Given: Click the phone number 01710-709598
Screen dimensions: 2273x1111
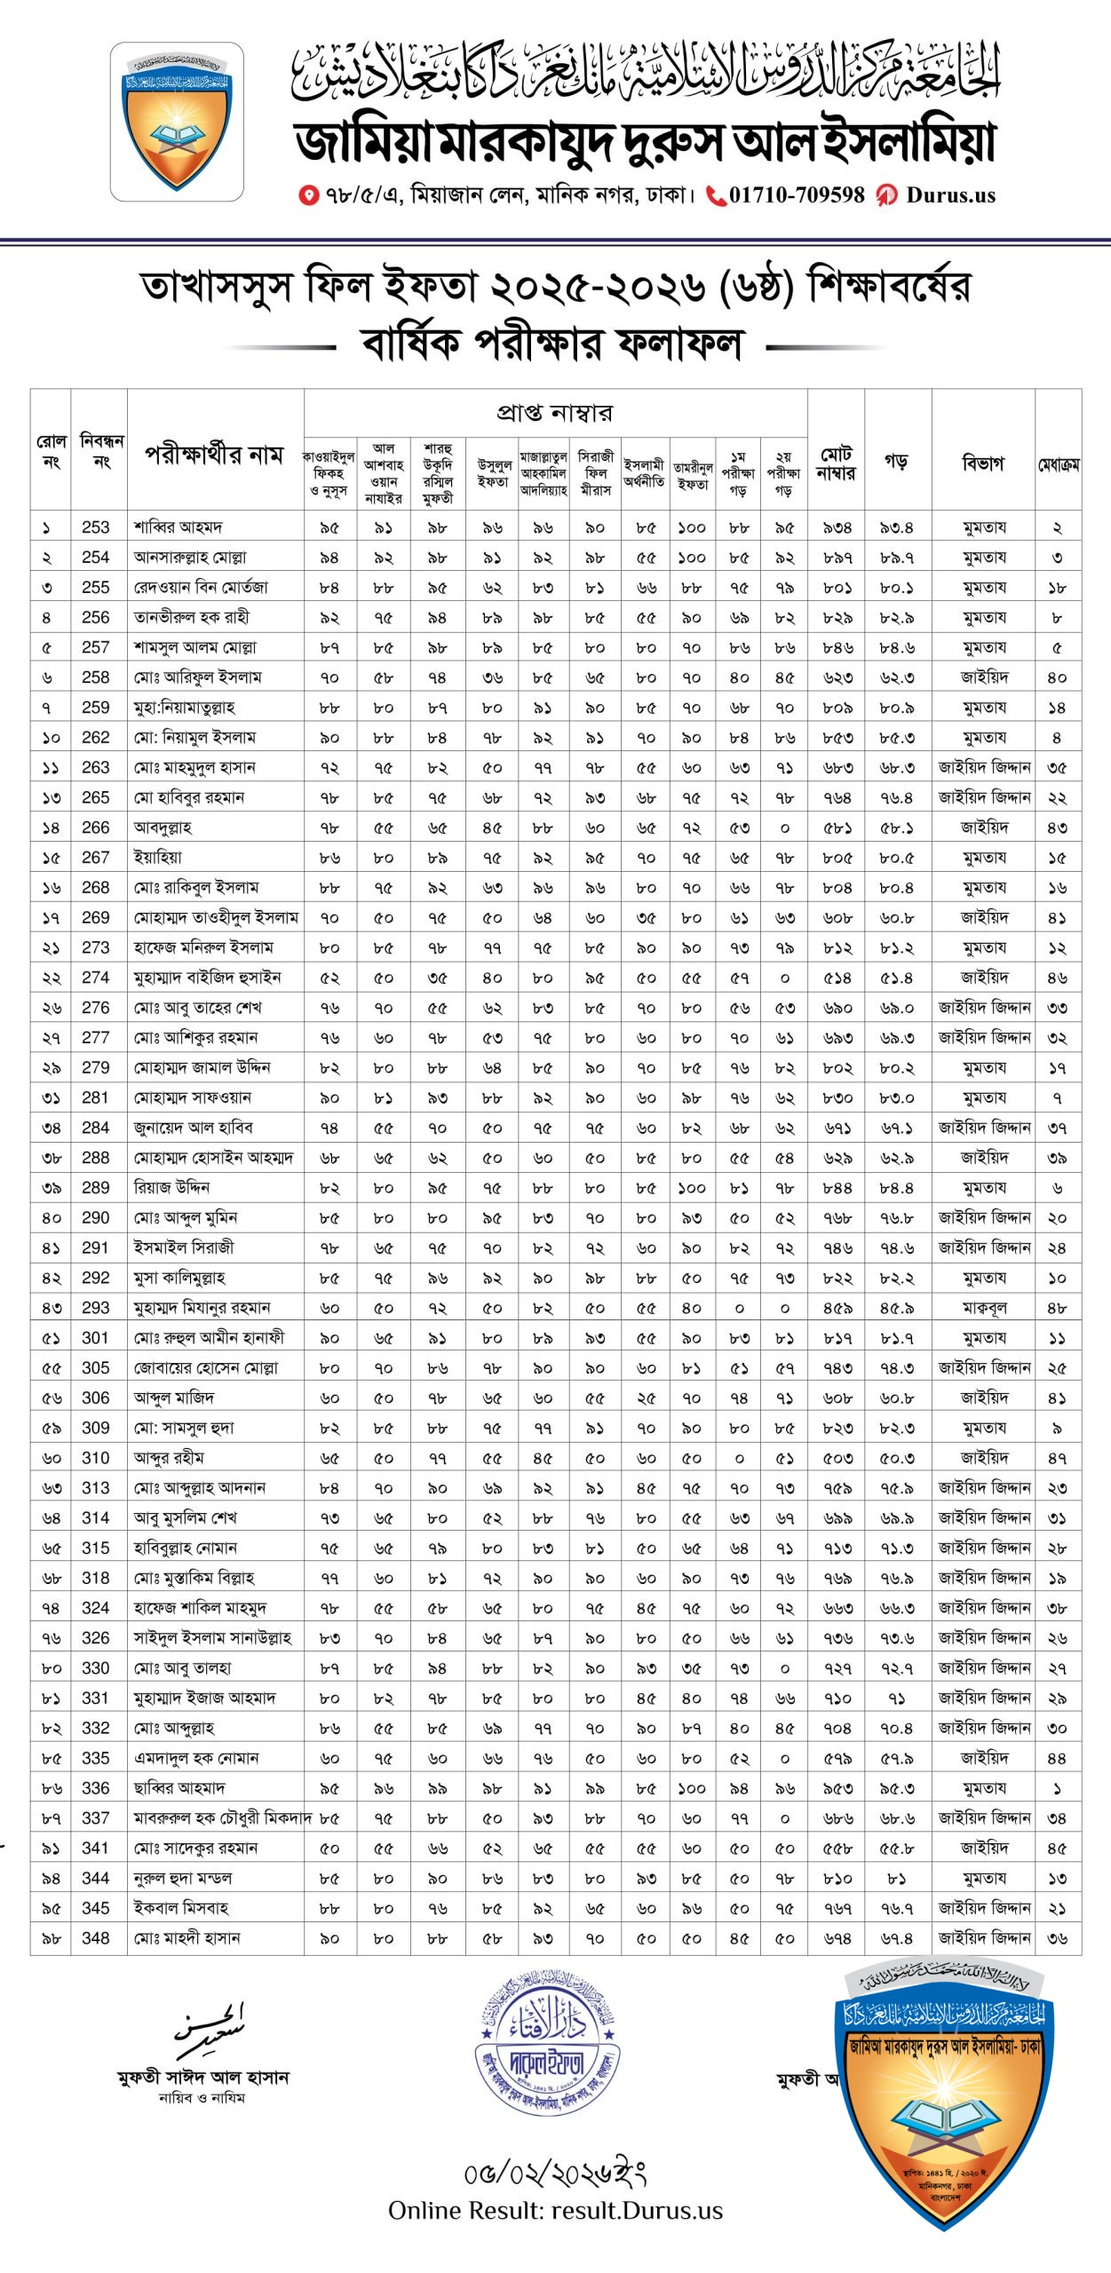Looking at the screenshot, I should click(x=797, y=195).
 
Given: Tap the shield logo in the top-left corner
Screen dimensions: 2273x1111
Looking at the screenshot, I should click(x=177, y=122).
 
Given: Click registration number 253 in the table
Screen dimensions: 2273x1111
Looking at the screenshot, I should click(x=95, y=527).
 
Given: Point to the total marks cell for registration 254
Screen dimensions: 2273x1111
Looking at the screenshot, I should click(x=837, y=558).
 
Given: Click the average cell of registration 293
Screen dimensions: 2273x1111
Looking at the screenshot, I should click(x=896, y=1308).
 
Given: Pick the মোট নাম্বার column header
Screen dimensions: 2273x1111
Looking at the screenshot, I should click(x=837, y=463).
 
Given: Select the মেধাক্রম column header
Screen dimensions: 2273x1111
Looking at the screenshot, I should click(x=1058, y=464).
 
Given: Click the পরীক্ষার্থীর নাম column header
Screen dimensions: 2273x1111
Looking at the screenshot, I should click(x=214, y=455).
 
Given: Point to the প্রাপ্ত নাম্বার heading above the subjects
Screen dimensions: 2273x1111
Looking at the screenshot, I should click(x=554, y=413).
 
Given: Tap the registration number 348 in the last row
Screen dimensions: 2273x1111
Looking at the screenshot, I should click(x=95, y=1938).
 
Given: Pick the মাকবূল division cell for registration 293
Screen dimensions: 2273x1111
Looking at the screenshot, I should click(x=983, y=1308).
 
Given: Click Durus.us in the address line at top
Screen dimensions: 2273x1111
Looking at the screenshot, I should click(x=950, y=195).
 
